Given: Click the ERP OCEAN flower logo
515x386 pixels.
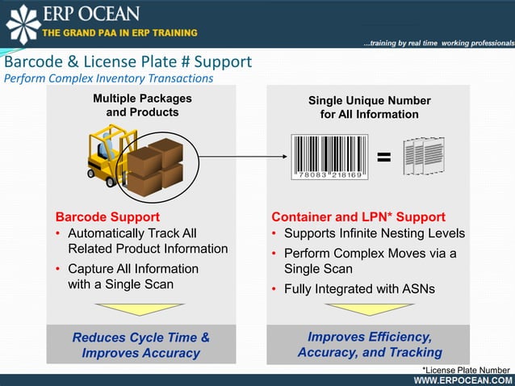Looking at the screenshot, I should point(23,23).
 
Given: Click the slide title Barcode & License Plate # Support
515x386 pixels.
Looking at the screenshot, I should point(128,62).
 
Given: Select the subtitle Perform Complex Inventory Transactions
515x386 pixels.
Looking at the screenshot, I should point(109,78).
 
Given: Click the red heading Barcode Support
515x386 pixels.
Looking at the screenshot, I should point(107,217).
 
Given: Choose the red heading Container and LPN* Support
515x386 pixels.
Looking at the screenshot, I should point(358,217).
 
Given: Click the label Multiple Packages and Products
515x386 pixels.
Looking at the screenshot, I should point(142,106).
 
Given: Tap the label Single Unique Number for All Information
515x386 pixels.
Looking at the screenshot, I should point(369,107).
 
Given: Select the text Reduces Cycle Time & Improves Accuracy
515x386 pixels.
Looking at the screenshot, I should point(140,345).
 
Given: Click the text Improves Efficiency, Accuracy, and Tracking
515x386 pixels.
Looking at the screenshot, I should point(369,345).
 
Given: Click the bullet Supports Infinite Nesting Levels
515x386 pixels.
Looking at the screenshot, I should point(374,233).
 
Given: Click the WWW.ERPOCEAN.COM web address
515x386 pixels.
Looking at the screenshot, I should point(462,380).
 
